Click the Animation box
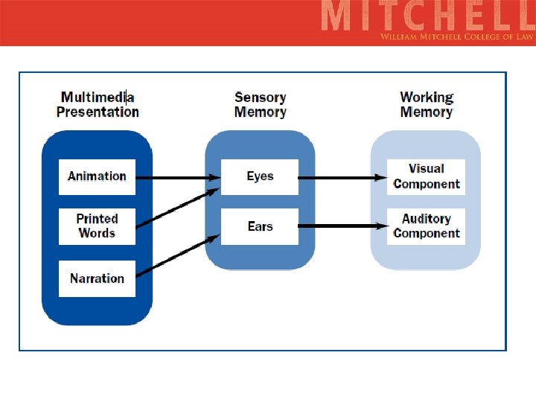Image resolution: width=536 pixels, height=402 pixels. [97, 176]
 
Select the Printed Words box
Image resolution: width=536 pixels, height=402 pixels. [97, 226]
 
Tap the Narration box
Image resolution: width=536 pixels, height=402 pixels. [97, 278]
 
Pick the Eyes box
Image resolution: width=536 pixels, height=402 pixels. [260, 176]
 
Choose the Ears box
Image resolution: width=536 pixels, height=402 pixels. [260, 226]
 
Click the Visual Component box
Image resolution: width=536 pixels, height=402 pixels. [427, 176]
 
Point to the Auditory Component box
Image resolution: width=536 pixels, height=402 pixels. [427, 226]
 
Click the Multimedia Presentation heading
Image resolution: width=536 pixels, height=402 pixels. [98, 104]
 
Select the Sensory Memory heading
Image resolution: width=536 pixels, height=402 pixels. [260, 104]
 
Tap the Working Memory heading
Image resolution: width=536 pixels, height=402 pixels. [427, 104]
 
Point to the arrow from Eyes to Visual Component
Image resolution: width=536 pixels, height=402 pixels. [342, 178]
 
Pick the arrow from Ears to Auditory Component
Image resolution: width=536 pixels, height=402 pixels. [342, 226]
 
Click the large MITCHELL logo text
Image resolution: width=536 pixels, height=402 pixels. [427, 16]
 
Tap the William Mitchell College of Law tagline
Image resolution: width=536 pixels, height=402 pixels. [456, 36]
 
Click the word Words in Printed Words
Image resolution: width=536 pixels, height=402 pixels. [97, 233]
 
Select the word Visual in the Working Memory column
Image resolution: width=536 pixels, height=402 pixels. [427, 169]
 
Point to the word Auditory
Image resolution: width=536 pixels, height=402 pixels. [427, 219]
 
